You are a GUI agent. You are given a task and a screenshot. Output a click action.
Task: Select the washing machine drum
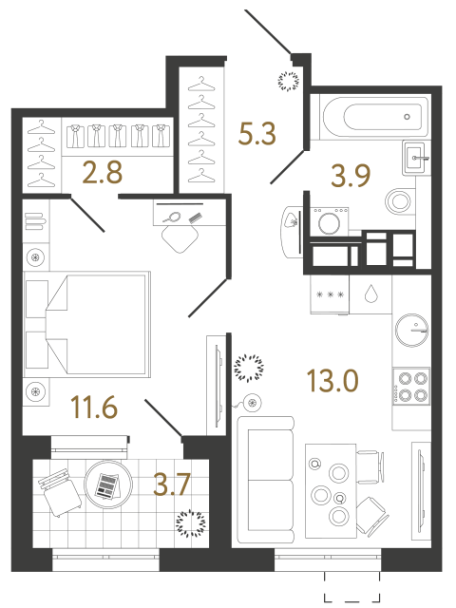332,225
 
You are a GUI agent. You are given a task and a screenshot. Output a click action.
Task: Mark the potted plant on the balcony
188,522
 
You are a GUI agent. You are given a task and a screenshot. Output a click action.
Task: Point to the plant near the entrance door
286,79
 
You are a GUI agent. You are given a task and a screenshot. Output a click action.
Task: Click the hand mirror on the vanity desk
174,217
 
